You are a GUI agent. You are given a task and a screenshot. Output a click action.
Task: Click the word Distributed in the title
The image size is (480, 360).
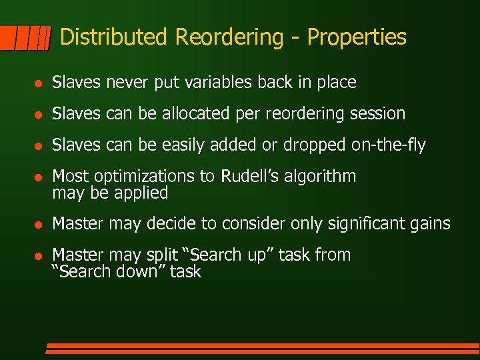[115, 37]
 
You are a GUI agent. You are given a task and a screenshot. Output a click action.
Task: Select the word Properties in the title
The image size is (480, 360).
[356, 37]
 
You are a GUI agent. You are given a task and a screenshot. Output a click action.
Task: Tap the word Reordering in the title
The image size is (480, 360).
[229, 37]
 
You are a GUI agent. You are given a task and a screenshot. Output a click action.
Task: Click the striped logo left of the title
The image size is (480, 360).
[26, 39]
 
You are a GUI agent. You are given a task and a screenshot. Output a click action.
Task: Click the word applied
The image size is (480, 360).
[140, 193]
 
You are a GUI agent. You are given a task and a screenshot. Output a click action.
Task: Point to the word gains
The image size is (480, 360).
[429, 224]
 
